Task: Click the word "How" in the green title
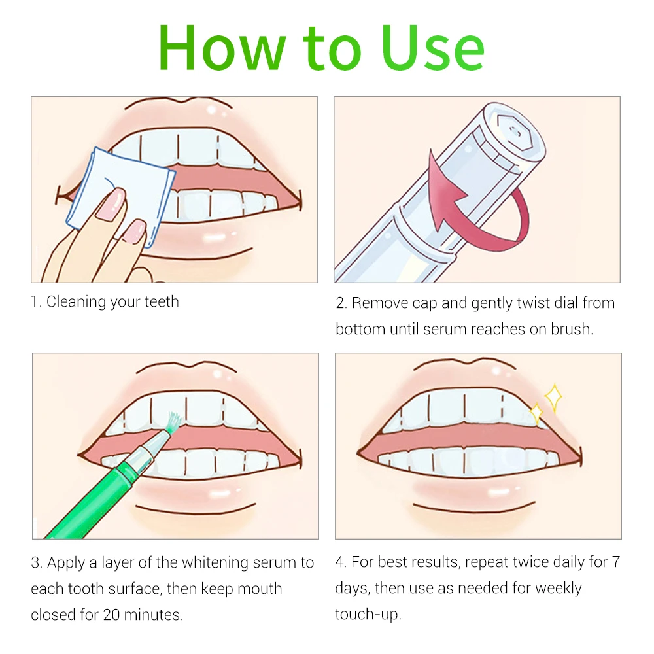pyautogui.click(x=222, y=48)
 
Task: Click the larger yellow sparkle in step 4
pyautogui.click(x=553, y=398)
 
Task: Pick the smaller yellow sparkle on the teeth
pyautogui.click(x=536, y=414)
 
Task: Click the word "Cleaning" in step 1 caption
pyautogui.click(x=76, y=302)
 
